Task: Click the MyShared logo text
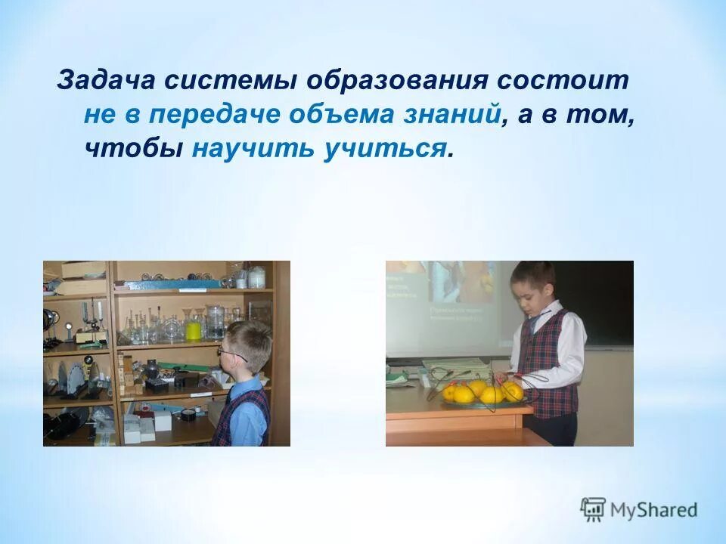[x=655, y=510]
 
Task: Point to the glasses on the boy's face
[x=229, y=353]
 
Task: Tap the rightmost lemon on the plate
[x=513, y=391]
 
